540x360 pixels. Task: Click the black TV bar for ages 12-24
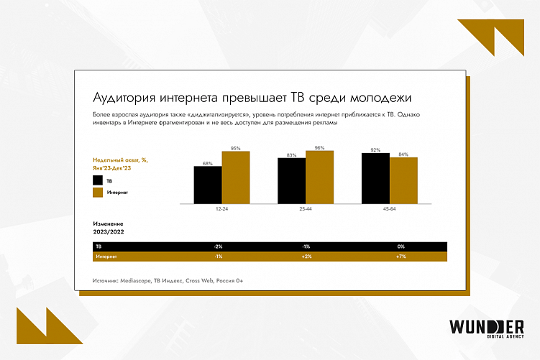[x=207, y=185]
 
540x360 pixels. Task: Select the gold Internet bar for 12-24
[x=235, y=178]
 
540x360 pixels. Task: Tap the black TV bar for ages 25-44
[x=291, y=181]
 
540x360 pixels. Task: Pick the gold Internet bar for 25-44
[x=319, y=177]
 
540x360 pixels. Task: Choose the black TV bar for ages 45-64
[x=375, y=179]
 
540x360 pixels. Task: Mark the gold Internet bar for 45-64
[x=403, y=181]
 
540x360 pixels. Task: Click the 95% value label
[x=235, y=148]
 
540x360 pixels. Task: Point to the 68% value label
[x=207, y=163]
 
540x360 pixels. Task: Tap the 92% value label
[x=375, y=150]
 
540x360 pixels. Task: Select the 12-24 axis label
[x=221, y=209]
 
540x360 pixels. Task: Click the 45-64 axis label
[x=390, y=209]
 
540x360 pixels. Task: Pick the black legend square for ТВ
[x=98, y=180]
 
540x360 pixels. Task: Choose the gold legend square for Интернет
[x=98, y=193]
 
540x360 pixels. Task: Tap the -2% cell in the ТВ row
[x=218, y=246]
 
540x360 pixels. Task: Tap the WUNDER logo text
[x=485, y=326]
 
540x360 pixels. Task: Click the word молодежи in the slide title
[x=380, y=97]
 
